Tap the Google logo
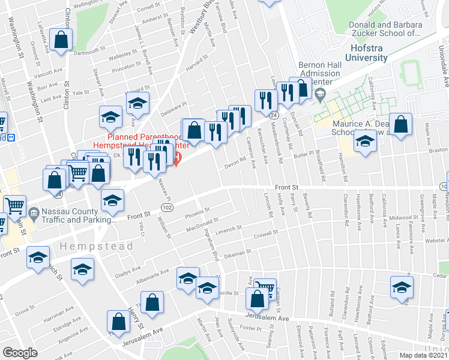[x=20, y=353]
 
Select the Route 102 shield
[x=166, y=207]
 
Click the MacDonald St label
[x=200, y=226]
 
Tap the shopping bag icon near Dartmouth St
[x=61, y=40]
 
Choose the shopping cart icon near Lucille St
[x=264, y=287]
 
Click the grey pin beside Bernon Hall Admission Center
[x=320, y=94]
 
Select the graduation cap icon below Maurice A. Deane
[x=364, y=142]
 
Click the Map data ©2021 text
[x=422, y=355]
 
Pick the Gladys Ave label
[x=127, y=272]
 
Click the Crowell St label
[x=267, y=236]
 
